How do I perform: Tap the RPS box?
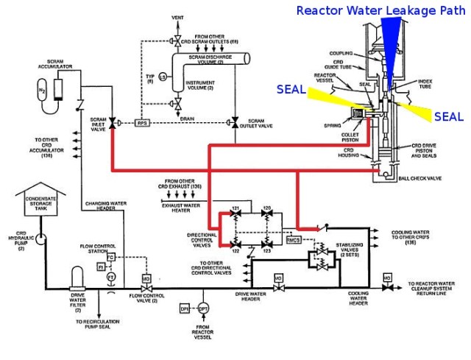[x=143, y=124]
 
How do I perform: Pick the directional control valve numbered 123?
[x=268, y=241]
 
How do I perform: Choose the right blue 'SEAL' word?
[x=448, y=116]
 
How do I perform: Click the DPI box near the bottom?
[x=185, y=309]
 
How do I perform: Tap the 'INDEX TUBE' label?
[x=426, y=83]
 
